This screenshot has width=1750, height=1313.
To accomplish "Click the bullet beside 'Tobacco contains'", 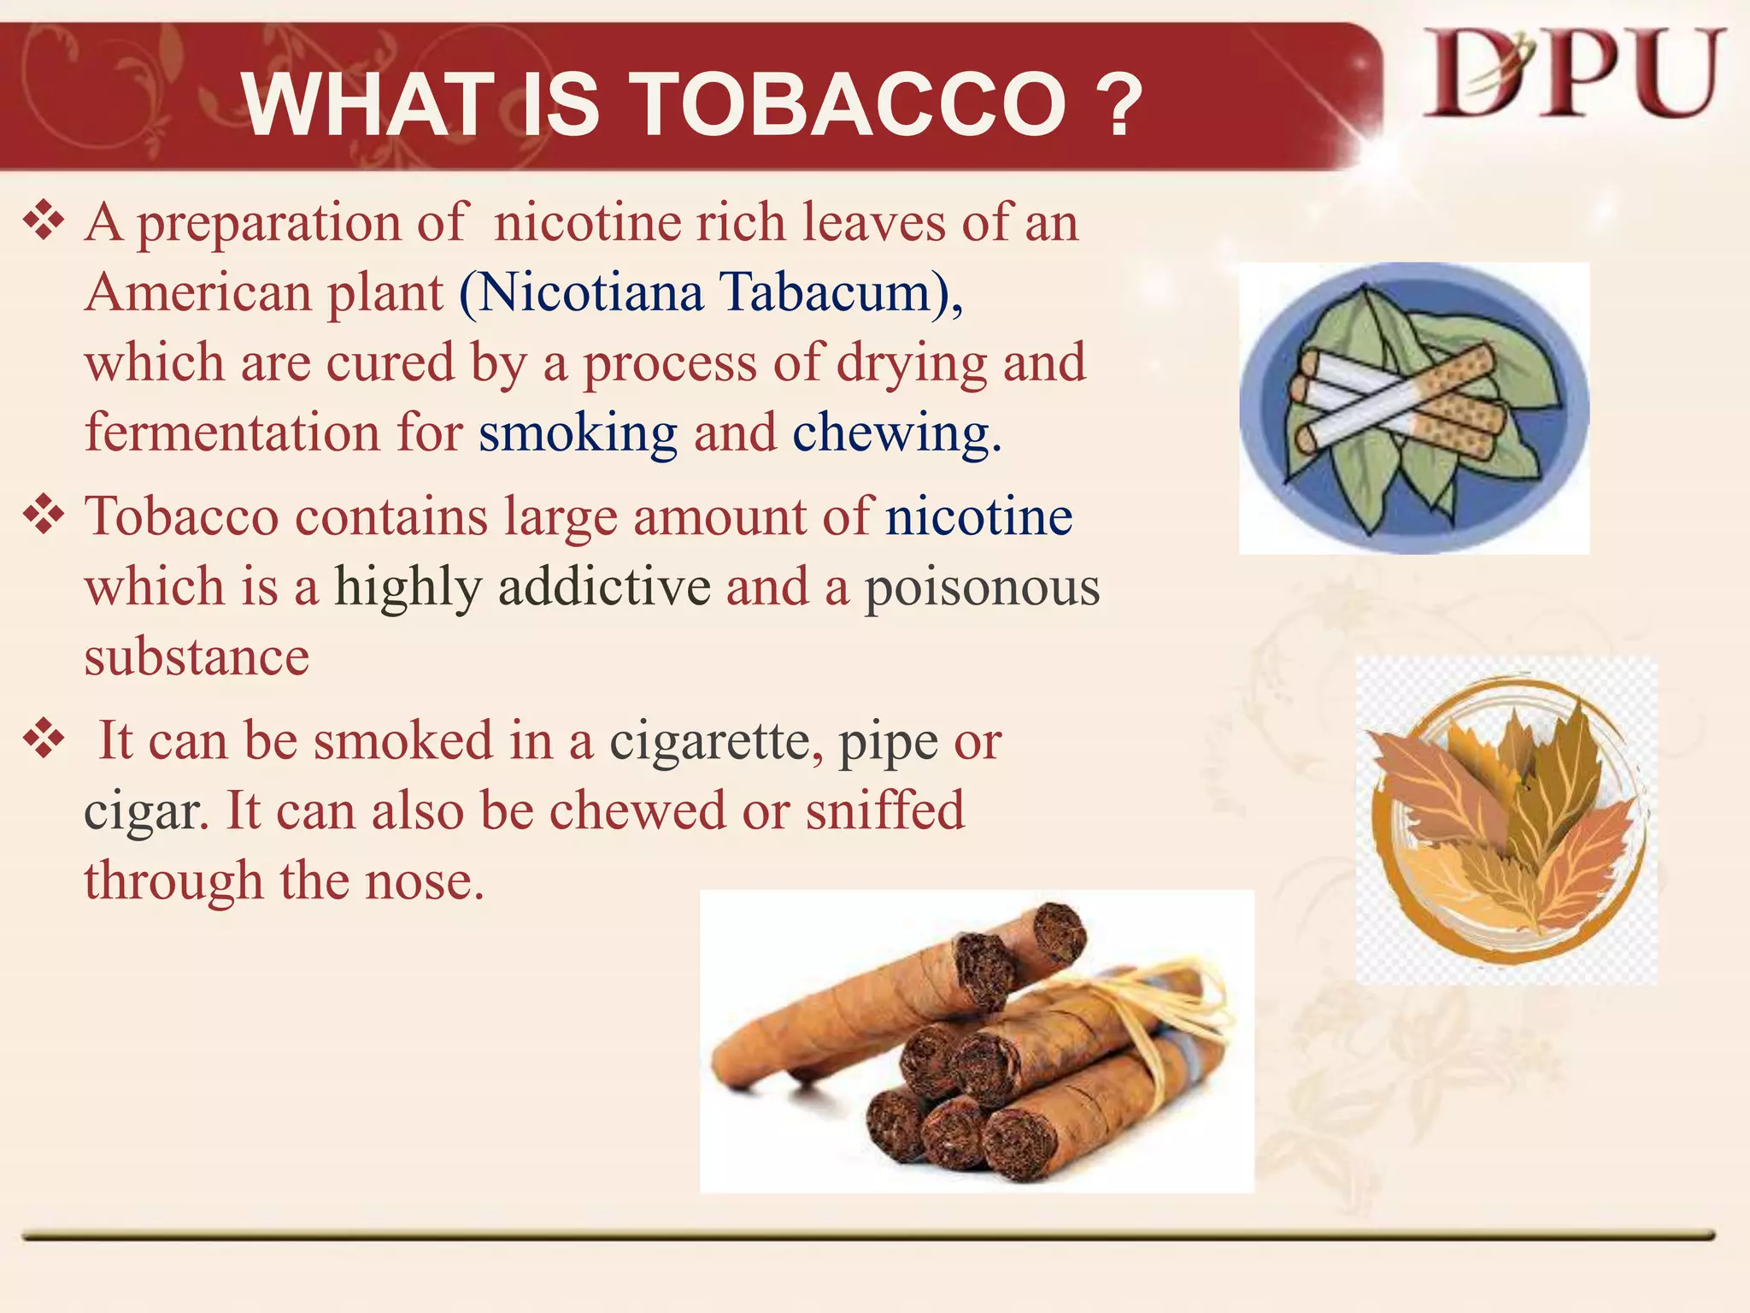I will tap(44, 515).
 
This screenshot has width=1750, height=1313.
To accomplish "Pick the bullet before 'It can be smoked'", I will tap(44, 739).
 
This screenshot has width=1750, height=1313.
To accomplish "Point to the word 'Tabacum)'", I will tap(841, 292).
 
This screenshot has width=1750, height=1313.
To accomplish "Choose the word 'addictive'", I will tap(604, 587).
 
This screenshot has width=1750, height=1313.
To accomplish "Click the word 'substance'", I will tap(197, 656).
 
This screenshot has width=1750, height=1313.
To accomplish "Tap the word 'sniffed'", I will tap(885, 810).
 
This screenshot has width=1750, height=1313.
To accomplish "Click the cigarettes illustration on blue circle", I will tap(1414, 408).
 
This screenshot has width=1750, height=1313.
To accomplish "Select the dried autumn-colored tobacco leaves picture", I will tap(1506, 821).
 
